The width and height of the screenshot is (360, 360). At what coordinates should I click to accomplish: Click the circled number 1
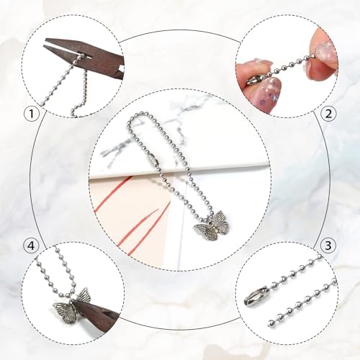32,114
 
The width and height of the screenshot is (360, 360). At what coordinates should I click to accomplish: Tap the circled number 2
328,114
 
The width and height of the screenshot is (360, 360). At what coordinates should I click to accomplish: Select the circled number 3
328,246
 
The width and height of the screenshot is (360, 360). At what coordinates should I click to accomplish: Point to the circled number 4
32,246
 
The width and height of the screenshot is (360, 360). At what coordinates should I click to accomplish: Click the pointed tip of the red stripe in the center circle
159,210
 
